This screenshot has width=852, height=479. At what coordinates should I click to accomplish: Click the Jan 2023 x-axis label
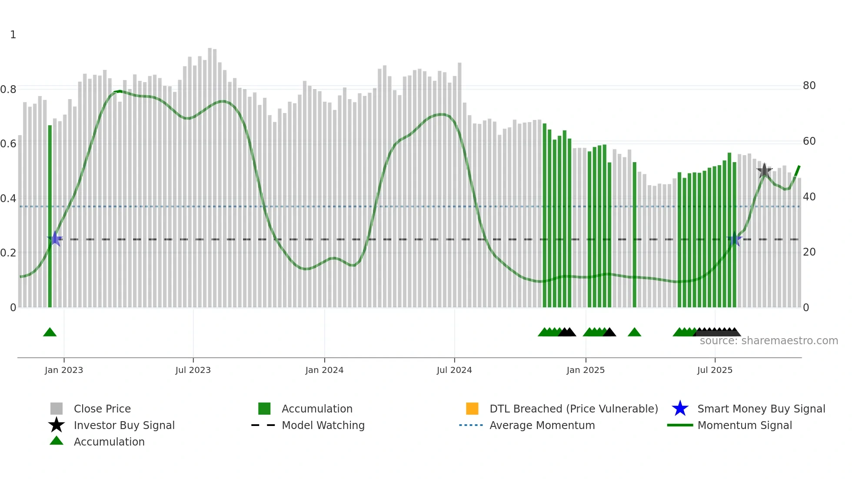tap(63, 370)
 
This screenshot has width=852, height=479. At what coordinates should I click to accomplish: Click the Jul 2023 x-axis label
tap(193, 370)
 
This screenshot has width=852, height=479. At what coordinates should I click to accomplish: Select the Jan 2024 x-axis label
tap(324, 370)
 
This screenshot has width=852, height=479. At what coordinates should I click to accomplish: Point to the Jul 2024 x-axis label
tap(454, 370)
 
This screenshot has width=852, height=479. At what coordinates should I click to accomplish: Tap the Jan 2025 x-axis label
tap(586, 370)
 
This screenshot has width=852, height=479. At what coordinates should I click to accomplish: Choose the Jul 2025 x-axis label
tap(715, 370)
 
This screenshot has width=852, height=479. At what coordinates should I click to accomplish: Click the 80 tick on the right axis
tap(809, 86)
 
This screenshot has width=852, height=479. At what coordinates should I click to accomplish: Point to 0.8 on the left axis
tap(8, 90)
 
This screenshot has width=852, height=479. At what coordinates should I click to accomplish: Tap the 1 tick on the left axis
tap(13, 35)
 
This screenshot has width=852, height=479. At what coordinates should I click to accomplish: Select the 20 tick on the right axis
tap(809, 252)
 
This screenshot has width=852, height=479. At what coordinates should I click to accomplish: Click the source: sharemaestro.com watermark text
tap(769, 341)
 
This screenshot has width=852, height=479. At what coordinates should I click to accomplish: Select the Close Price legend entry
tap(102, 409)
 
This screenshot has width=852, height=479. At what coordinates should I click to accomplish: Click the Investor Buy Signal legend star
tap(57, 425)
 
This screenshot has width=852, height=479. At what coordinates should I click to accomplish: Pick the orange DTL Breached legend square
tap(472, 409)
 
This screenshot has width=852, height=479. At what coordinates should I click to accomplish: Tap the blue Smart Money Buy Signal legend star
tap(680, 409)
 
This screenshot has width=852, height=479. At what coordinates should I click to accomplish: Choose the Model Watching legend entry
tap(323, 425)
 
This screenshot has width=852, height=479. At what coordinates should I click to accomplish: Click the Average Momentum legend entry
tap(542, 425)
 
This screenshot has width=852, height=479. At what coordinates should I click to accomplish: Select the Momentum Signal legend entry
tap(745, 425)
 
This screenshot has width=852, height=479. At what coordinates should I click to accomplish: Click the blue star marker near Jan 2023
tap(55, 239)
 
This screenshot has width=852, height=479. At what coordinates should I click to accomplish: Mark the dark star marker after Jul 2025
tap(764, 171)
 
